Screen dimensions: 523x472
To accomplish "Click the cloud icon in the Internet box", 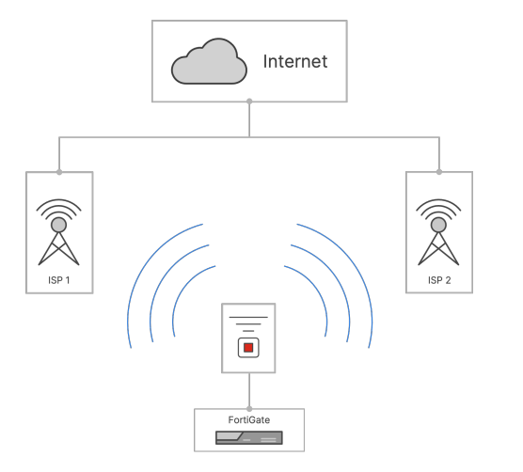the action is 209,62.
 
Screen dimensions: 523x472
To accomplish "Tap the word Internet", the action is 295,61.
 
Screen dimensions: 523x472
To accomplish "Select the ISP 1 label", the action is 59,280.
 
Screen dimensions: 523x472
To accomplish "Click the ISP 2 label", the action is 439,280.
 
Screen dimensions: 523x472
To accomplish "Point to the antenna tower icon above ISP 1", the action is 58,232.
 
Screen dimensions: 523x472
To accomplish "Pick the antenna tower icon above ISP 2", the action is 438,232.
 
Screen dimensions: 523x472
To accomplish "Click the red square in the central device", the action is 248,348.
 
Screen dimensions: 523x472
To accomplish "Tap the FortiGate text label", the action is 249,419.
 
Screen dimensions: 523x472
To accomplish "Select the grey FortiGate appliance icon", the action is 249,437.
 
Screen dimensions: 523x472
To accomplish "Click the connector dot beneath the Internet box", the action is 249,101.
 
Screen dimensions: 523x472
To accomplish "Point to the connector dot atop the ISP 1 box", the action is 59,172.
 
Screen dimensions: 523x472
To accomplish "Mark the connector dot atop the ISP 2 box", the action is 439,172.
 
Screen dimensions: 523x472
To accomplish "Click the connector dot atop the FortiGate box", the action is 249,409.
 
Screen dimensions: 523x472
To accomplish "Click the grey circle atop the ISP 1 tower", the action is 58,225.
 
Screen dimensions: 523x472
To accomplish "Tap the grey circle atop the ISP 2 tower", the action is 438,225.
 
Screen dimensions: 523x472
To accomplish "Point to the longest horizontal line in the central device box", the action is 248,317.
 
